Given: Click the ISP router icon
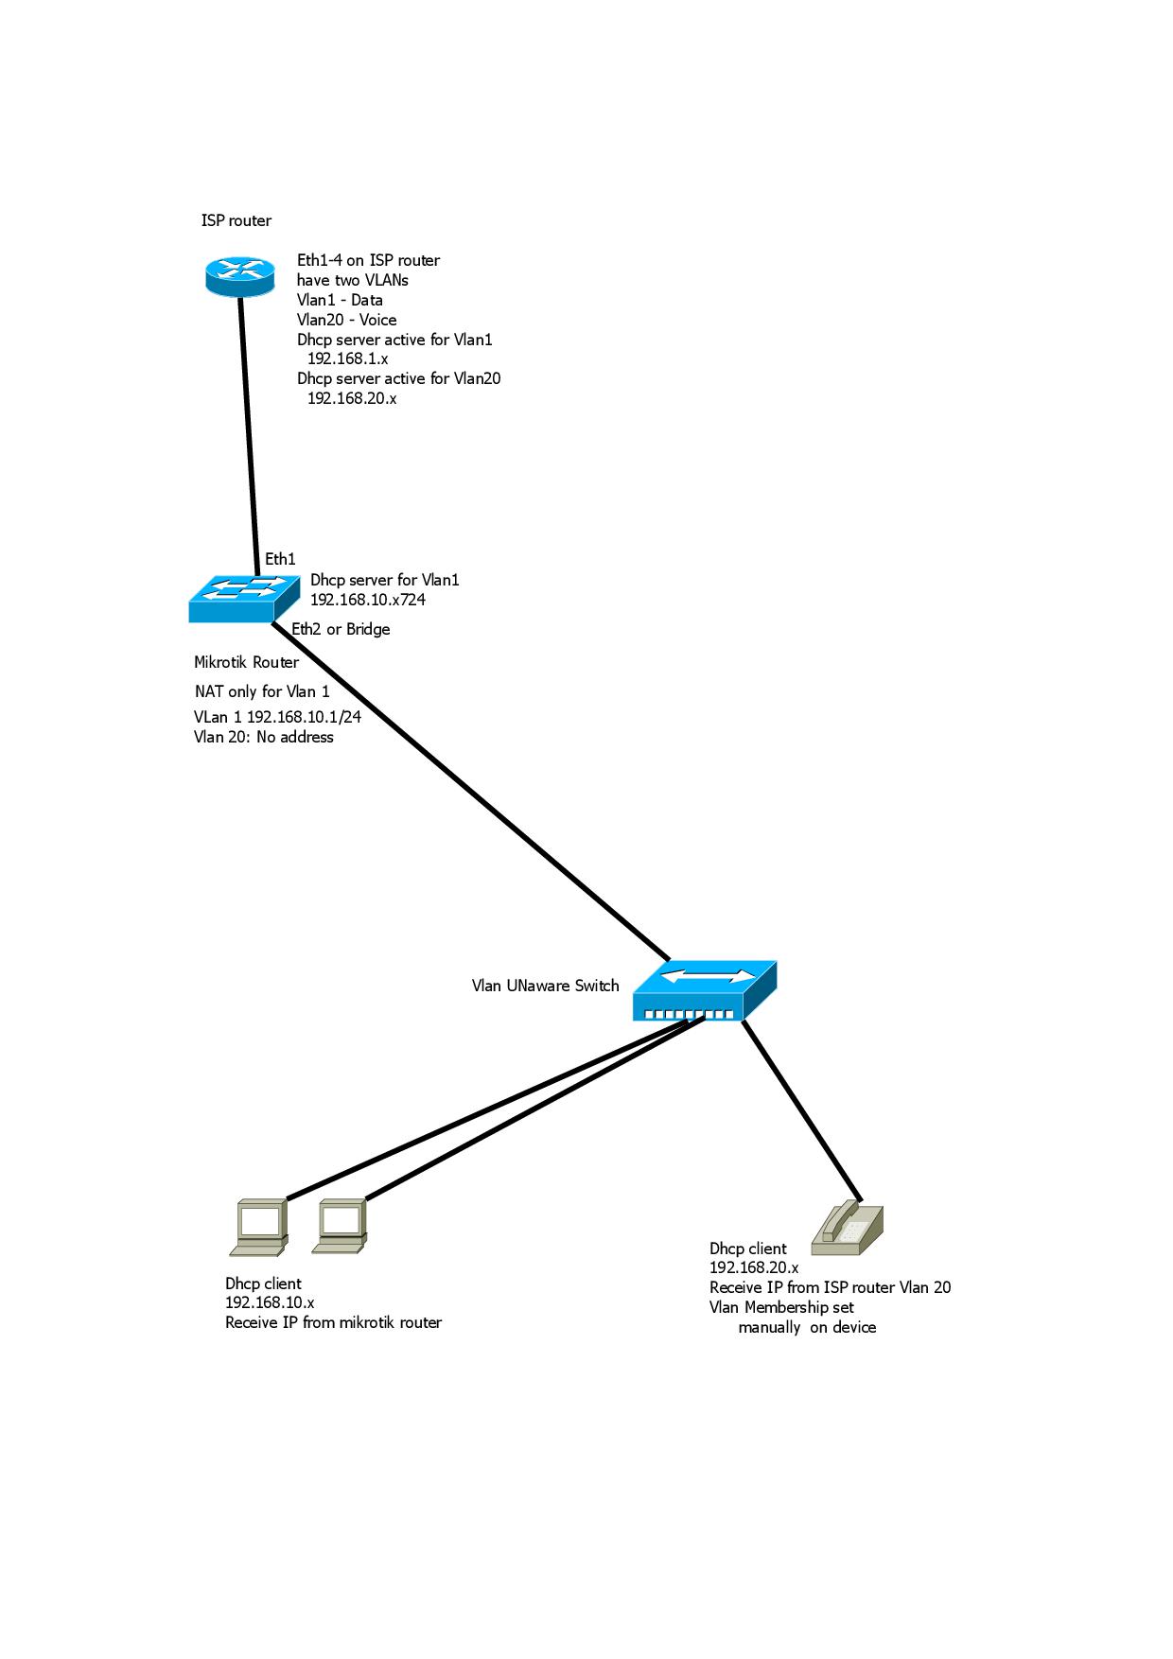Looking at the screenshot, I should point(240,275).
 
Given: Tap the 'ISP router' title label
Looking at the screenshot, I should point(236,220).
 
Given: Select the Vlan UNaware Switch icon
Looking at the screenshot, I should point(704,992).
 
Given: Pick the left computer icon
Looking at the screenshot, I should point(258,1226).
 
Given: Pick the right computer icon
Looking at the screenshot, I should point(340,1226).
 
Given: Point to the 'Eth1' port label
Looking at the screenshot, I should point(280,559).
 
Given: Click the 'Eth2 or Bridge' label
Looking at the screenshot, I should point(341,629).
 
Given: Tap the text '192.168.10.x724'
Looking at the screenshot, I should point(368,600).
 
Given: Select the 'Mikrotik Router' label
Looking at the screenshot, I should point(246,662).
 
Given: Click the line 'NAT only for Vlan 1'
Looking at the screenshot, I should point(262,691).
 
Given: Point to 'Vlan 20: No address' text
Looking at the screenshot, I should point(263,737).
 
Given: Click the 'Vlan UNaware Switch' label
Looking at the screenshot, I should point(545,986).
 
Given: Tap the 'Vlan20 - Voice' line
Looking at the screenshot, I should point(346,320).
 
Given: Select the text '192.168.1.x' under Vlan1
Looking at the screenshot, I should point(347,358).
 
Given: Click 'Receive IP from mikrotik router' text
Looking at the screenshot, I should point(333,1322).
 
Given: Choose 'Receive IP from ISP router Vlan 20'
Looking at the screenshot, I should point(830,1287).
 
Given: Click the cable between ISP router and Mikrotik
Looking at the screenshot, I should point(250,426).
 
